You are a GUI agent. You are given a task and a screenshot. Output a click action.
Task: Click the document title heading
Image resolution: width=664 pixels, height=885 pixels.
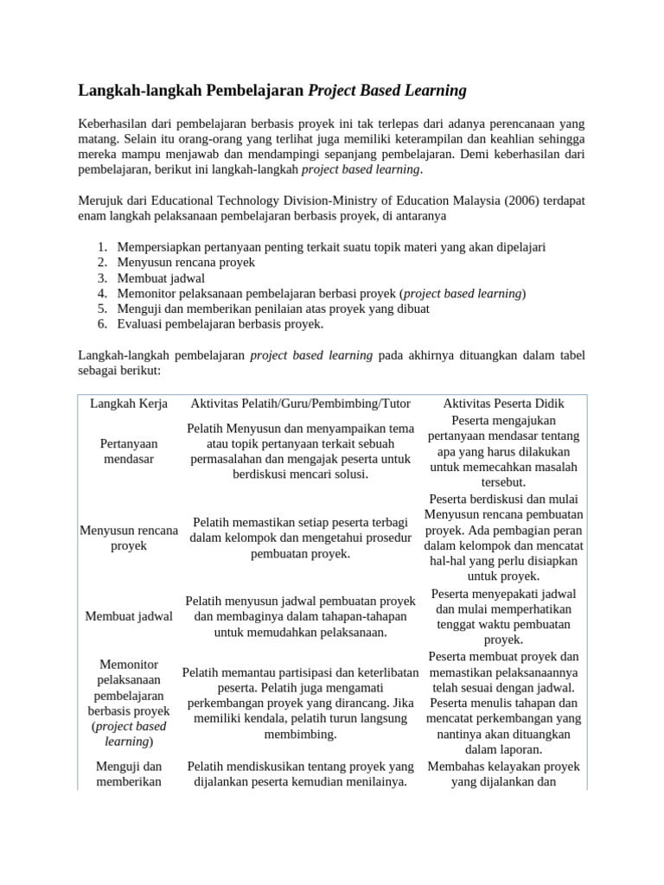[272, 90]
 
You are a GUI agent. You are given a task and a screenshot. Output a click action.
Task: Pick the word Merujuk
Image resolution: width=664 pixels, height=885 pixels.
[102, 201]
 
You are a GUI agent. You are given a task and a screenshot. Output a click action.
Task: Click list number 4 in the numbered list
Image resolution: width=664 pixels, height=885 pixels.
[102, 293]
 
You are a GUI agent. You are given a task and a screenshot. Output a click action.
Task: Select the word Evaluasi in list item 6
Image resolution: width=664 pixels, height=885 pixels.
[143, 324]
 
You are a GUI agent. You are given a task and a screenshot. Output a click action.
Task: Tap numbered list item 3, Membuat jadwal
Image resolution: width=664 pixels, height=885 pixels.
[161, 277]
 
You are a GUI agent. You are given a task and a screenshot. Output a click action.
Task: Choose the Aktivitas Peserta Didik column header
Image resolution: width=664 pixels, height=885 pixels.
[503, 404]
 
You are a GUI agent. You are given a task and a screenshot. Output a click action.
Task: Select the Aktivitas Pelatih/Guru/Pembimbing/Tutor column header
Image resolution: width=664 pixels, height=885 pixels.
[300, 404]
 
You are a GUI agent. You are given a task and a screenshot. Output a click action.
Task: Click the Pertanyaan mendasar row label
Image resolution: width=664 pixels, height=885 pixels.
[128, 451]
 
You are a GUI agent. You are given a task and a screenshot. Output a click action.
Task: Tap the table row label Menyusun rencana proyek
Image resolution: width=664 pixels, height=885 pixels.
[128, 538]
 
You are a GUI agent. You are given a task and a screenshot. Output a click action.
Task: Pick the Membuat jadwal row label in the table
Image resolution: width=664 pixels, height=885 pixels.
[128, 616]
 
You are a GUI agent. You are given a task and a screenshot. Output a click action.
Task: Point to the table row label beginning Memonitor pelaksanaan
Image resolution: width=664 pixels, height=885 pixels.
[128, 703]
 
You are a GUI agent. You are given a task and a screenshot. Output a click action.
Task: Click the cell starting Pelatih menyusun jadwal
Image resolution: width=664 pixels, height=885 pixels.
[300, 616]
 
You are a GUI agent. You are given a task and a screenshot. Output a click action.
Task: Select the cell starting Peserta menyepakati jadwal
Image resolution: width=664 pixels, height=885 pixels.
[503, 616]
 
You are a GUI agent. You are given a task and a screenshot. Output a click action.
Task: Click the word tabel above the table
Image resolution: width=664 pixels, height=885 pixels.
[571, 354]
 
